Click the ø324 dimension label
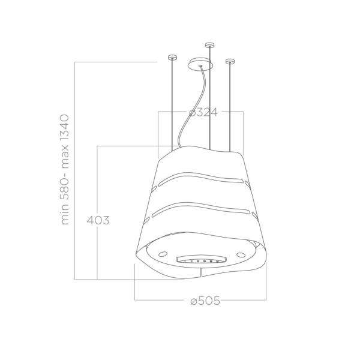(202, 112)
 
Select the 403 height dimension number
(97, 220)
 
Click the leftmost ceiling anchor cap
(172, 58)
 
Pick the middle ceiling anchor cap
(209, 44)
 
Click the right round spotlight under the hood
(240, 255)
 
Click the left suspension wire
(172, 102)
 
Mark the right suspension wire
(229, 102)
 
